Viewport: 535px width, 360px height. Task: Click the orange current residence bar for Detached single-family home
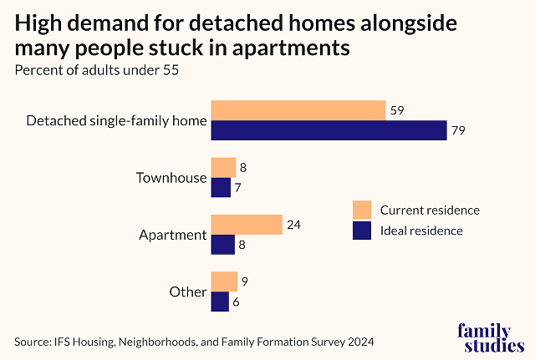tap(298, 110)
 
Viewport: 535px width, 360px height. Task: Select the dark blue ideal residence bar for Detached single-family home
tap(329, 130)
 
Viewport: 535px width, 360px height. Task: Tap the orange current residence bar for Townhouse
tap(223, 167)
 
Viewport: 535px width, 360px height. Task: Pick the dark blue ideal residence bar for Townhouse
tap(221, 187)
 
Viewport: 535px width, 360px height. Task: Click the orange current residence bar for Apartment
tap(247, 224)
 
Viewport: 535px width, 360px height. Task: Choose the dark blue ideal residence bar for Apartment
tap(222, 244)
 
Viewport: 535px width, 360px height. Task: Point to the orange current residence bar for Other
tap(224, 281)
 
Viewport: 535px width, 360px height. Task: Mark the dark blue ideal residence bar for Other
tap(220, 301)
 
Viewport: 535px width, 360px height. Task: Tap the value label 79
tap(457, 130)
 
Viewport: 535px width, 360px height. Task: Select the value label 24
tap(294, 224)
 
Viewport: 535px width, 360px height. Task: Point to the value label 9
tap(245, 281)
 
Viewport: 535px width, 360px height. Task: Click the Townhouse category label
tap(171, 178)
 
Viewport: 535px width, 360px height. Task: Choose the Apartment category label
tap(172, 235)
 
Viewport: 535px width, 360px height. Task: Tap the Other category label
tap(187, 292)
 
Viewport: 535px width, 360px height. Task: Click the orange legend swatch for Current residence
tap(361, 209)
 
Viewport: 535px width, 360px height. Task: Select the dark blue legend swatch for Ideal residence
tap(361, 231)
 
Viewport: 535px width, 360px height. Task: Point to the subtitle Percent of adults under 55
tap(97, 69)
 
